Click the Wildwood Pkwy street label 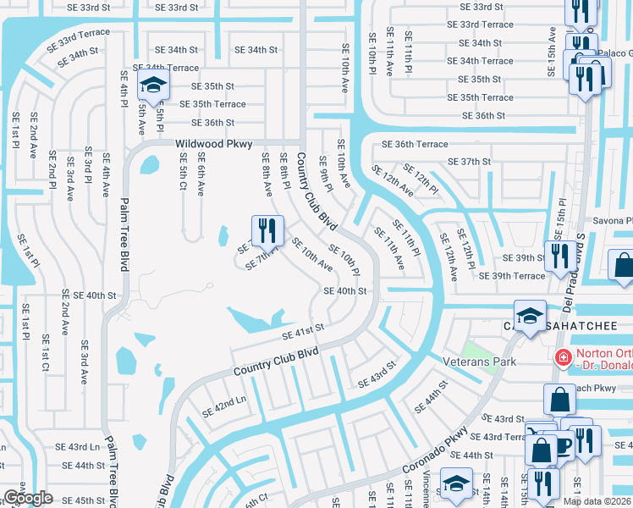[214, 145]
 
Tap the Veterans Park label [479, 361]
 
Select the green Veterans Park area [476, 349]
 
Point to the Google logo [26, 497]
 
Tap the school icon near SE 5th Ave [153, 86]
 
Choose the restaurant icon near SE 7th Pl [267, 229]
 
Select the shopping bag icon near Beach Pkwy [560, 399]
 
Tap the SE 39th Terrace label [512, 276]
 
